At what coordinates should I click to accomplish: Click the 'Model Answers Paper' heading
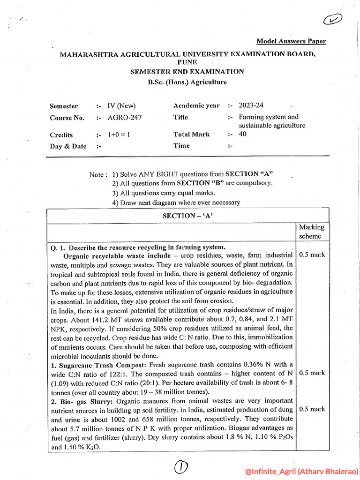click(x=291, y=41)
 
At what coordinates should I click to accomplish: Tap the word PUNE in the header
click(x=187, y=62)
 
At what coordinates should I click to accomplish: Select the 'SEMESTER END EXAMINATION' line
click(x=187, y=72)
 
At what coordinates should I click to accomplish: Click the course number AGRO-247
click(x=124, y=118)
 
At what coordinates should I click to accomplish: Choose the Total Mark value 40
click(x=243, y=134)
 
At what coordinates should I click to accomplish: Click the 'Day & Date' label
click(x=68, y=146)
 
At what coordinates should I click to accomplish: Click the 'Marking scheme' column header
click(x=312, y=232)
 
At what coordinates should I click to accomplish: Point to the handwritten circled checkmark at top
click(x=332, y=20)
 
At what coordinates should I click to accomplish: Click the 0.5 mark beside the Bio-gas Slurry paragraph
click(x=312, y=409)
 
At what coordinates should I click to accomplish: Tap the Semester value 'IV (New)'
click(x=121, y=106)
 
